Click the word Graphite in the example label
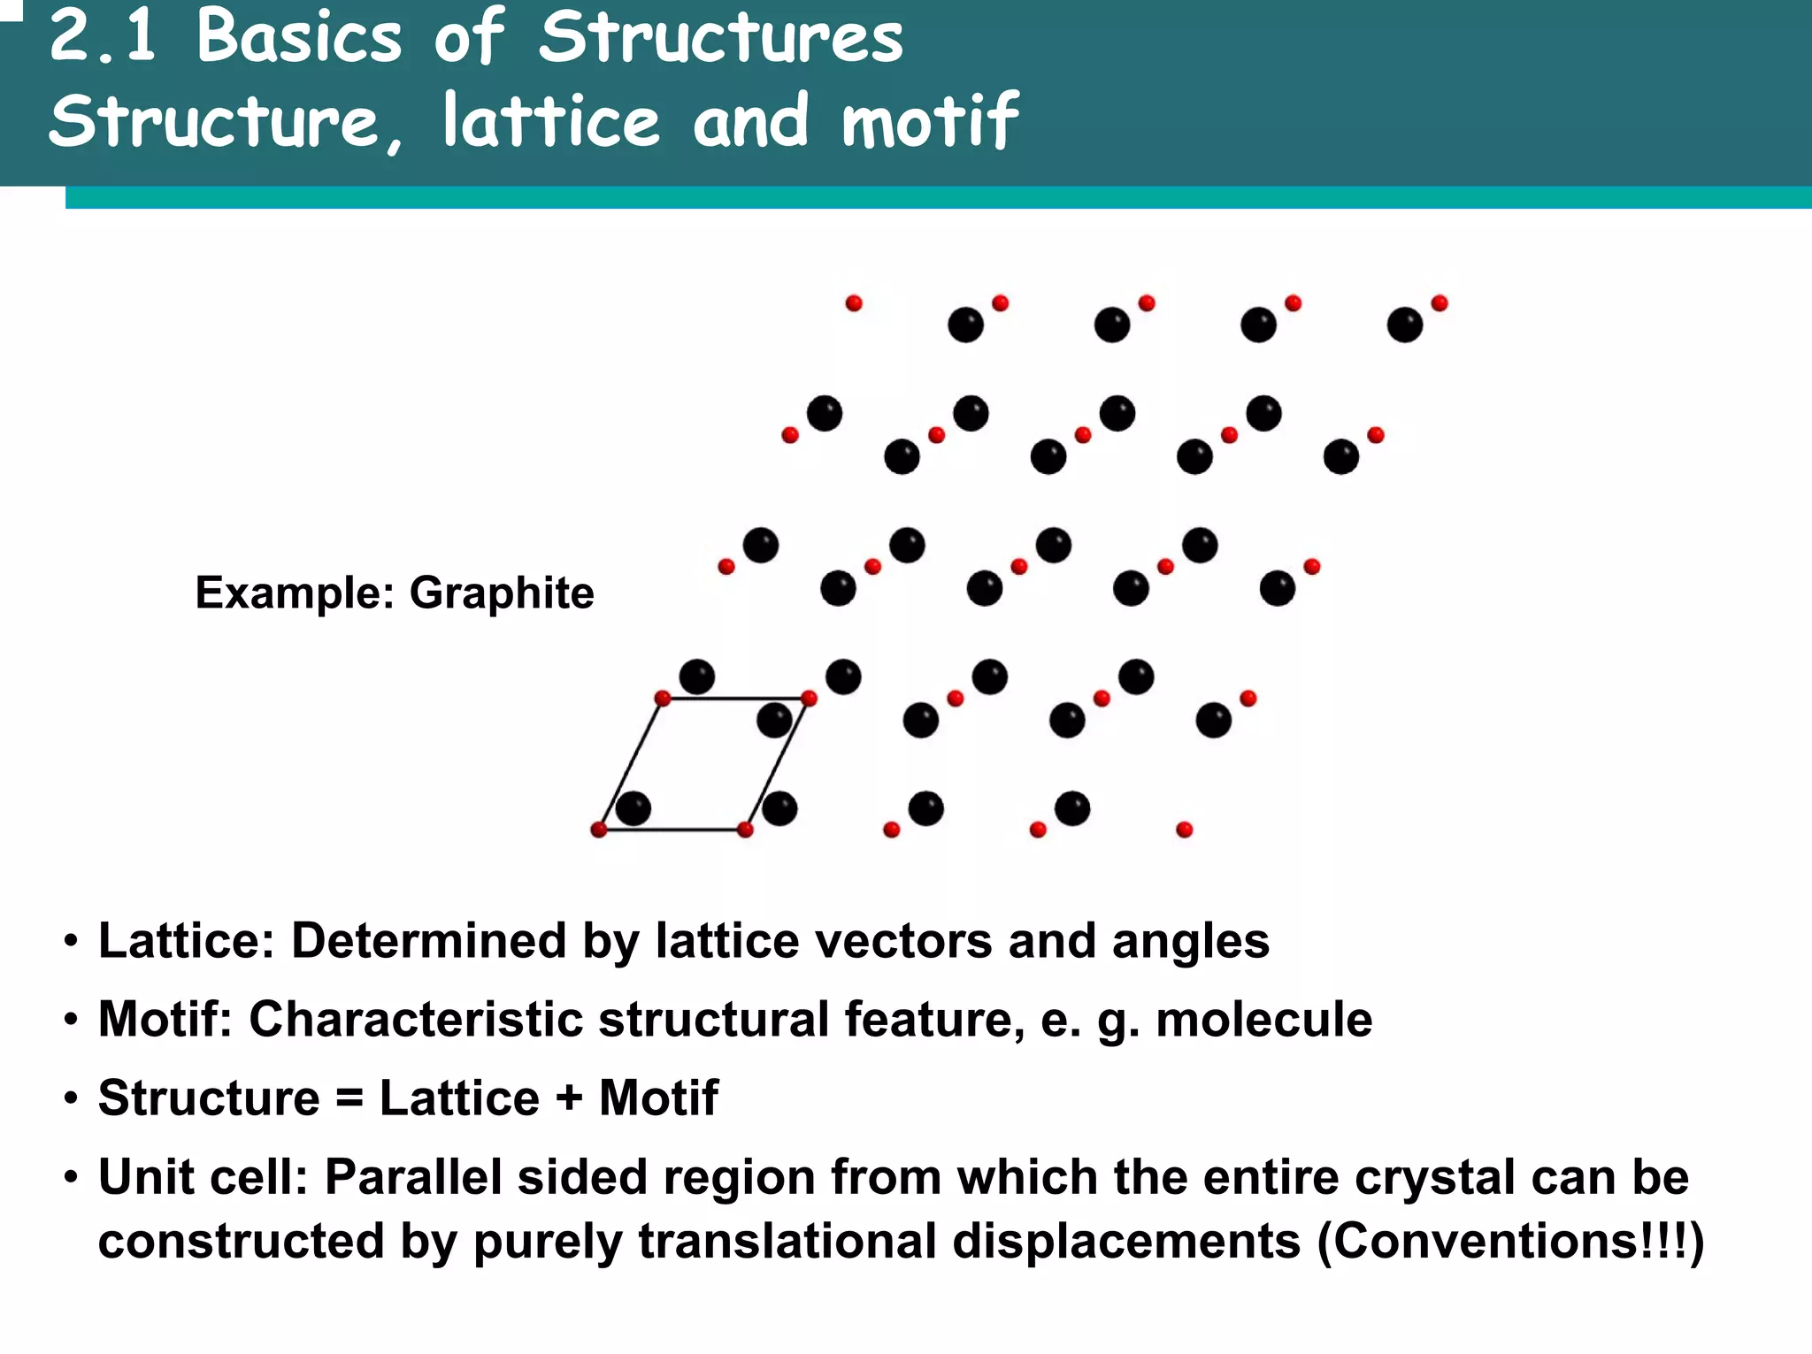coord(502,593)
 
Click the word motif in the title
coord(930,121)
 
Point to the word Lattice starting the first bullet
coord(186,940)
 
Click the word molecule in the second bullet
coord(1263,1019)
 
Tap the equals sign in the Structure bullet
coord(349,1099)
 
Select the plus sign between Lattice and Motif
coord(569,1099)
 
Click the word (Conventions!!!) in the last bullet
coord(1509,1241)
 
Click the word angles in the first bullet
coord(1191,940)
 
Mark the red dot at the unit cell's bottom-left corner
coord(599,830)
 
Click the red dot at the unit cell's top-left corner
coord(663,699)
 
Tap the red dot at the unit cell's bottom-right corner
coord(745,830)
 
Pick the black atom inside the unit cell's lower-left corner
coord(633,808)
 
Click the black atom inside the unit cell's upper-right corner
coord(774,721)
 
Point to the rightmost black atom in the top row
coord(1405,325)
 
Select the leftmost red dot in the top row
coord(854,303)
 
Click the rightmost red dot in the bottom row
coord(1185,830)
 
